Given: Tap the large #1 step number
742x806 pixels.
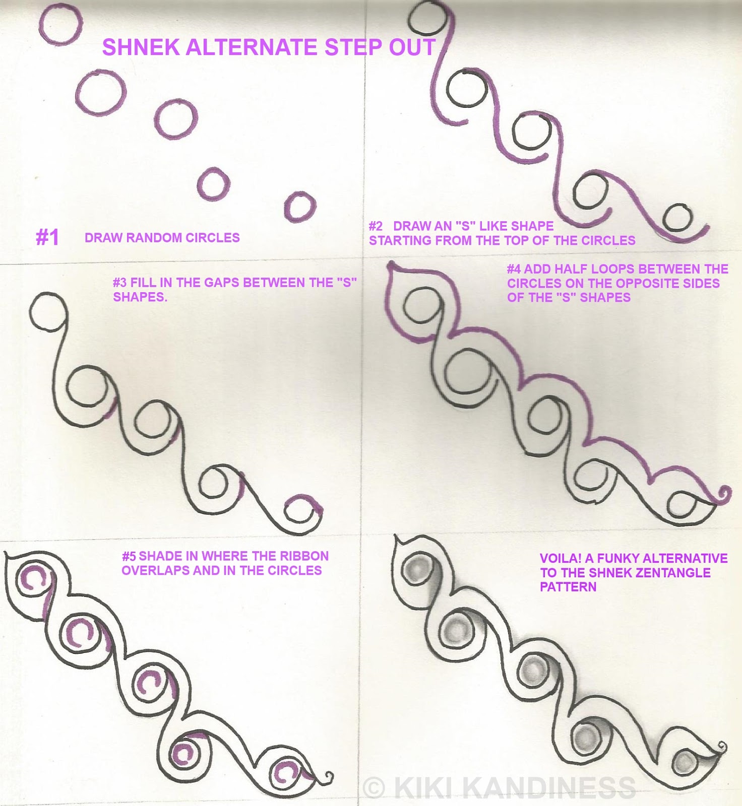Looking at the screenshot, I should [47, 237].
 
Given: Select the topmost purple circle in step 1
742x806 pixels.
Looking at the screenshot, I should [60, 24].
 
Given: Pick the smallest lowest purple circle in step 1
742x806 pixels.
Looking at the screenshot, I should [300, 207].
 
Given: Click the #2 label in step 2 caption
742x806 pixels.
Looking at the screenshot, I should [376, 226].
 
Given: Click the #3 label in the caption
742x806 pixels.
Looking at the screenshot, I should [120, 283].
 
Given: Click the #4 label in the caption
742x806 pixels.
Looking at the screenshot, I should [514, 269].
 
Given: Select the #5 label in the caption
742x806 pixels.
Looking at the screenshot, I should [129, 556].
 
